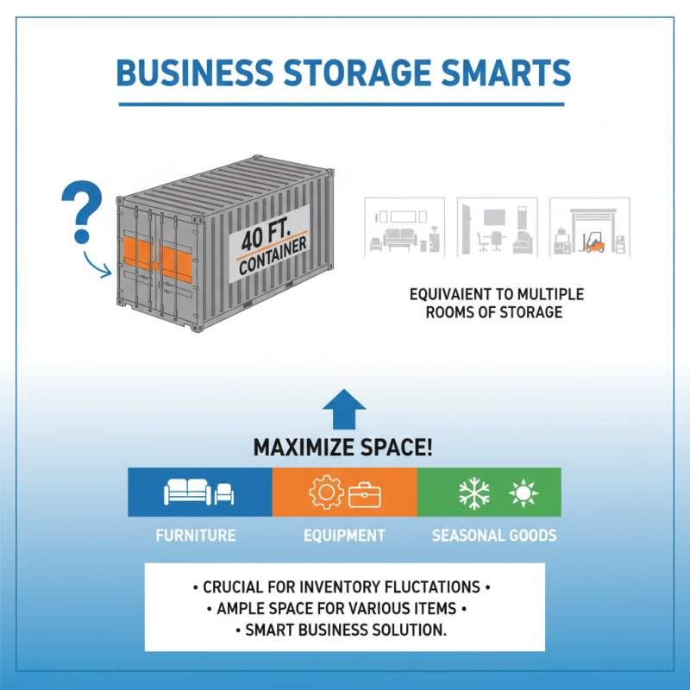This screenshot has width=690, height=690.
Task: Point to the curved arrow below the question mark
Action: [x=96, y=264]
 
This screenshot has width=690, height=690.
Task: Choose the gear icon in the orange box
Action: [x=325, y=493]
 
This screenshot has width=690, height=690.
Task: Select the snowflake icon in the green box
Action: [x=474, y=493]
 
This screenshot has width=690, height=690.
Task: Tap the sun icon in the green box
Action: [x=523, y=493]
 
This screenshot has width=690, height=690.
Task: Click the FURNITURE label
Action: [x=196, y=536]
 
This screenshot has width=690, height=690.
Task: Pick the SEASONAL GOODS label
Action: [x=494, y=536]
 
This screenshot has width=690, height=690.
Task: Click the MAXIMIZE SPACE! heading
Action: [x=343, y=448]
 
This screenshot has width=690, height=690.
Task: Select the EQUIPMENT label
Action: [x=344, y=536]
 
